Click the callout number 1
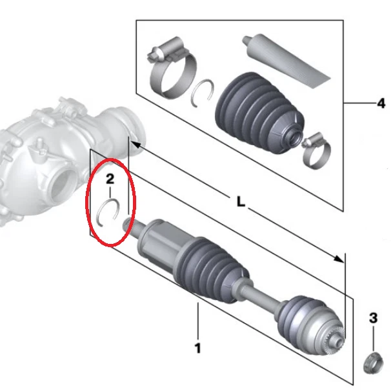point(197,348)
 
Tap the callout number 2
point(110,179)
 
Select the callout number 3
point(373,318)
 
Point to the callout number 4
point(381,103)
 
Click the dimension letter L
point(241,201)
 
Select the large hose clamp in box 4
point(172,67)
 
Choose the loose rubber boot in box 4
point(259,112)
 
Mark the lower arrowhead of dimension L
point(339,259)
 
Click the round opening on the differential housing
point(63,183)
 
